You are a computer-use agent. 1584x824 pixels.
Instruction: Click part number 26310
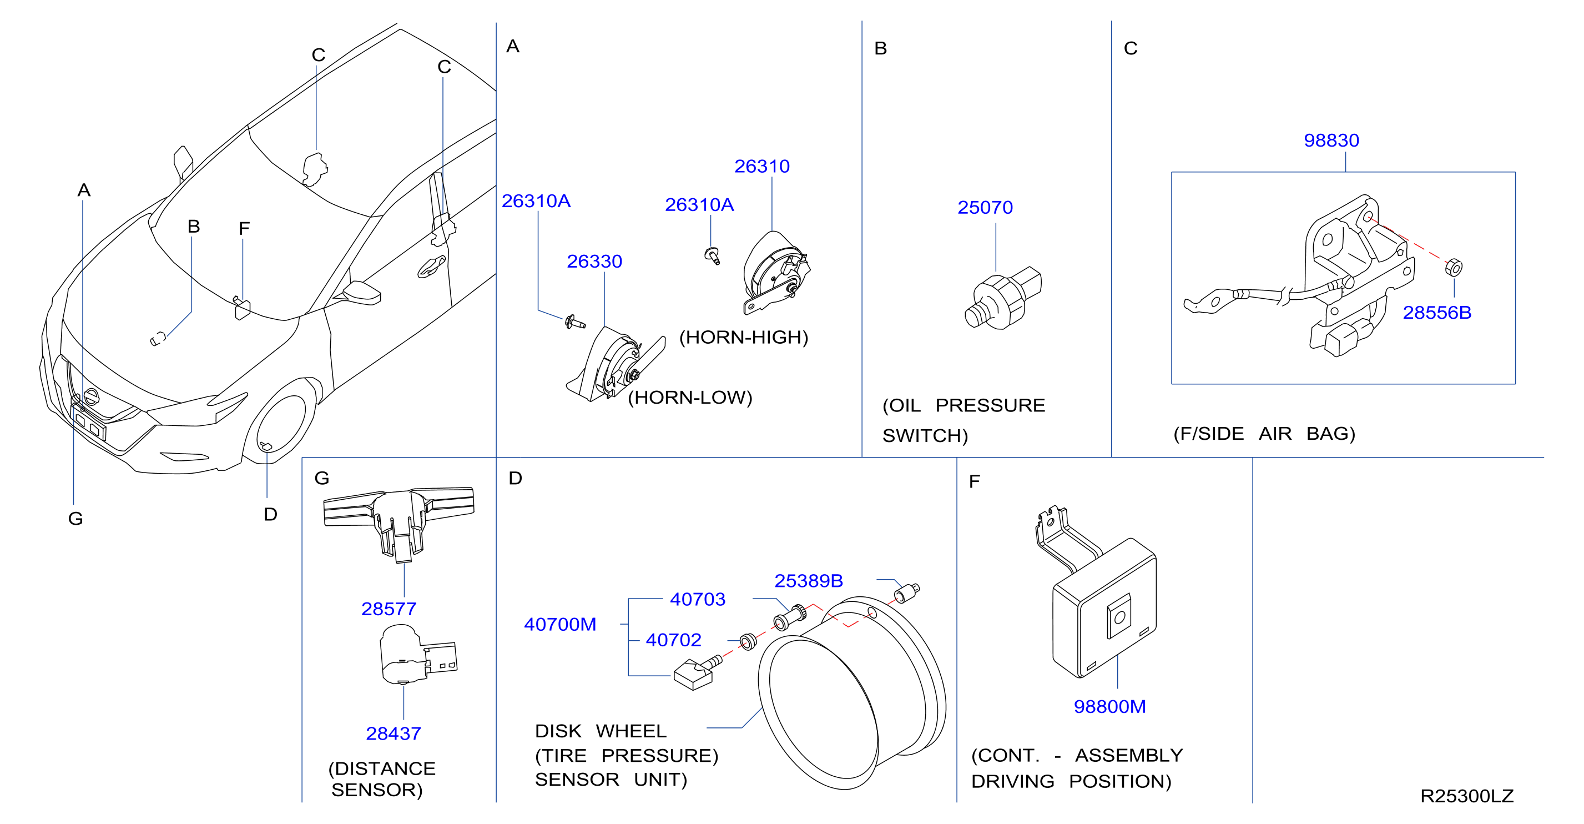click(762, 166)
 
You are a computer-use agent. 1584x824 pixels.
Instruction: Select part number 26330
click(594, 262)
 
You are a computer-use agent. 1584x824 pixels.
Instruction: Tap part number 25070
click(985, 207)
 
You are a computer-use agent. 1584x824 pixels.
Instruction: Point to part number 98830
click(1331, 140)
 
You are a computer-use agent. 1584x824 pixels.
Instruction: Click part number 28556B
click(1437, 313)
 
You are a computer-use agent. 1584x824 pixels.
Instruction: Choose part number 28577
click(389, 609)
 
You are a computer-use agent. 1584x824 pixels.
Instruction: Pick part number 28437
click(394, 733)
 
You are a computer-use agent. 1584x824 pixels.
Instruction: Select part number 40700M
click(560, 625)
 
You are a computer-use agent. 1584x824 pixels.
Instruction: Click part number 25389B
click(809, 581)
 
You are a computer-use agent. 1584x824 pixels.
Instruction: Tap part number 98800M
click(1110, 706)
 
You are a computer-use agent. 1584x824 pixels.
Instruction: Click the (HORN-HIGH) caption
click(743, 337)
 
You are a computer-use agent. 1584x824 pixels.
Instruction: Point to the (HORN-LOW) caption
click(690, 398)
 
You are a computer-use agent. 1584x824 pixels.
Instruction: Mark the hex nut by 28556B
click(1454, 268)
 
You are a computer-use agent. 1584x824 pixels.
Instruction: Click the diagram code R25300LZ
click(1466, 796)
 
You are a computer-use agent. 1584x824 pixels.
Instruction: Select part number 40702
click(673, 640)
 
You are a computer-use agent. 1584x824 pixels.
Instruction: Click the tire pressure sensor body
click(693, 675)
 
